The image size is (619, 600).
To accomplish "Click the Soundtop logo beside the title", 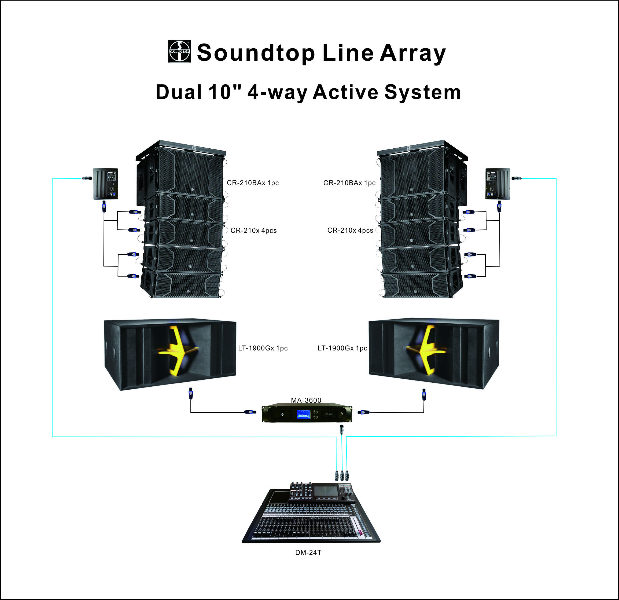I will tap(179, 51).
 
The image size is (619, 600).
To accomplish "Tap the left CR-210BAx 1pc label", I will tap(253, 183).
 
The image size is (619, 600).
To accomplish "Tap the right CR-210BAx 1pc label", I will tap(349, 183).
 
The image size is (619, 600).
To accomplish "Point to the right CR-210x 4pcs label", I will tap(350, 230).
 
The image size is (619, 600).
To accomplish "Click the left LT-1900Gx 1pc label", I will tap(263, 348).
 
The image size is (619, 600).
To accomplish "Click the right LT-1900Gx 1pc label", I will tap(342, 348).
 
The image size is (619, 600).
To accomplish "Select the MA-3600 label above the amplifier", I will tap(306, 400).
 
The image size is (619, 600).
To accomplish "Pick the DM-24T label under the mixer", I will tap(308, 553).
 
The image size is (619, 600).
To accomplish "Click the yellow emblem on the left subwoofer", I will tap(178, 351).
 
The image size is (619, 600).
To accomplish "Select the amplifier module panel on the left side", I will tap(105, 184).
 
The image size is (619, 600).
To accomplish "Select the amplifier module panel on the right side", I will tap(498, 184).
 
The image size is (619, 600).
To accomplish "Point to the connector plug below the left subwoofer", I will tap(190, 394).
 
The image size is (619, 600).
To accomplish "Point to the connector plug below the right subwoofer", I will tap(424, 394).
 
